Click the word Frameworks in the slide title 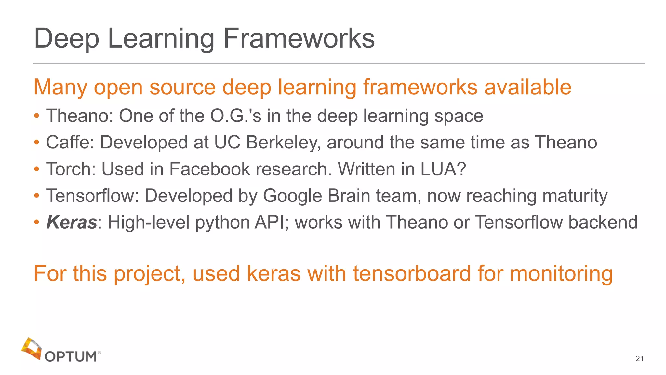point(299,38)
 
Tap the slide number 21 point(639,359)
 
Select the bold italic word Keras point(72,222)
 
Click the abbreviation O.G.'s point(236,116)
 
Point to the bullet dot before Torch point(37,169)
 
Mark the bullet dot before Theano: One point(37,116)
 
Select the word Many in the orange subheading point(60,88)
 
